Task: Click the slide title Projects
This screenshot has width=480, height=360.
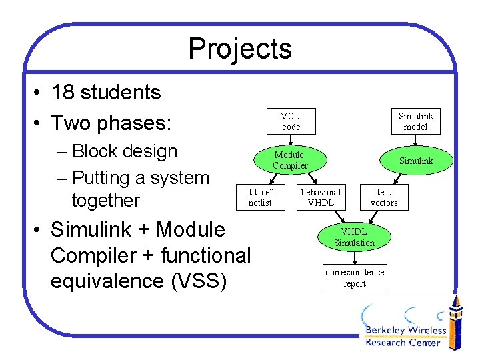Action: tap(239, 49)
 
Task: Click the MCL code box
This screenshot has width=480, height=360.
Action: tap(290, 121)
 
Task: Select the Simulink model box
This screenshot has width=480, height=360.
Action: tap(415, 121)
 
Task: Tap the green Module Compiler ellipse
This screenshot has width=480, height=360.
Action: tap(290, 160)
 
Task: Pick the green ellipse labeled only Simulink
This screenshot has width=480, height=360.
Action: tap(416, 161)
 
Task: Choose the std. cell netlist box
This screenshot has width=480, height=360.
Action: tap(260, 197)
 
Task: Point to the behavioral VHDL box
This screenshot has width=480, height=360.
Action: tap(321, 197)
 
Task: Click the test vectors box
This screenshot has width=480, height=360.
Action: tap(384, 197)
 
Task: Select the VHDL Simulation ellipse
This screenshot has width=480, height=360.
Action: tap(354, 237)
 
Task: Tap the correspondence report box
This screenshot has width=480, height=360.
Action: tap(355, 277)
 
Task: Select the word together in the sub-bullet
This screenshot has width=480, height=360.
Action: tap(105, 200)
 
